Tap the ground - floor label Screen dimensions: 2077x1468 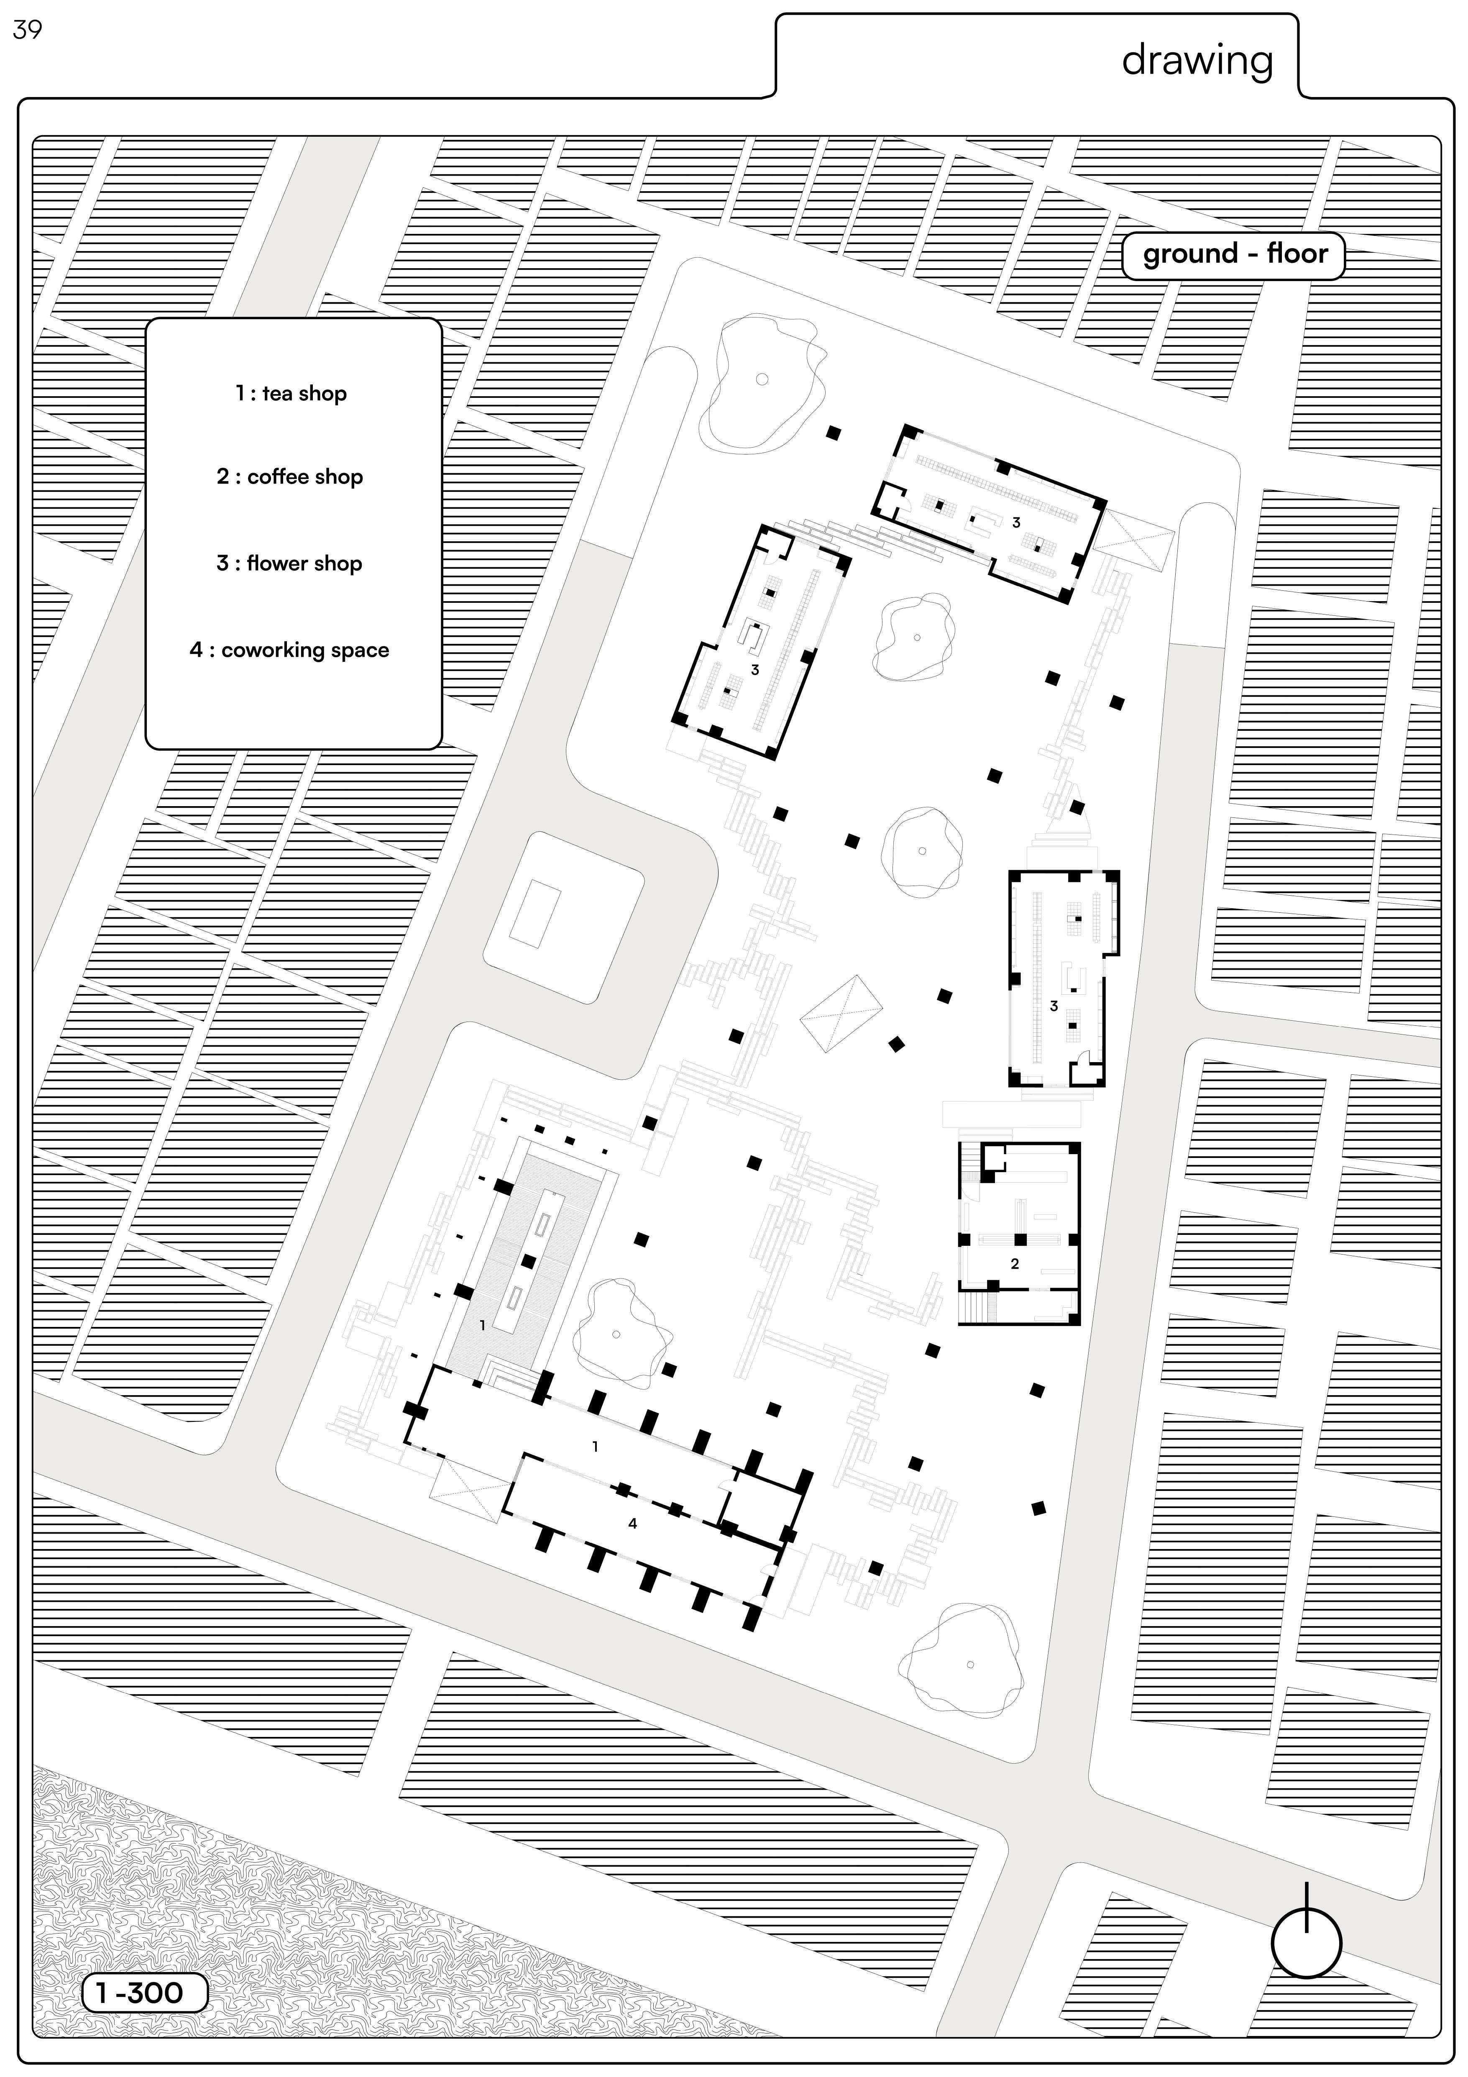(x=1234, y=254)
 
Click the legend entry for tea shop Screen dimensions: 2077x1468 (x=291, y=394)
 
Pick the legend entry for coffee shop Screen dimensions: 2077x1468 (x=289, y=477)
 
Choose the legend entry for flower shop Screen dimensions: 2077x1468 (x=289, y=563)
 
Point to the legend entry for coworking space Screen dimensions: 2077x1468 (x=289, y=651)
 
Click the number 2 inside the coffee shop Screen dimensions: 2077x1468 (x=1015, y=1264)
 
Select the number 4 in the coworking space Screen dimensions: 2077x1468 (x=632, y=1524)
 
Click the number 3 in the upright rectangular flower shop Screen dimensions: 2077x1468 (x=1054, y=1006)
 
